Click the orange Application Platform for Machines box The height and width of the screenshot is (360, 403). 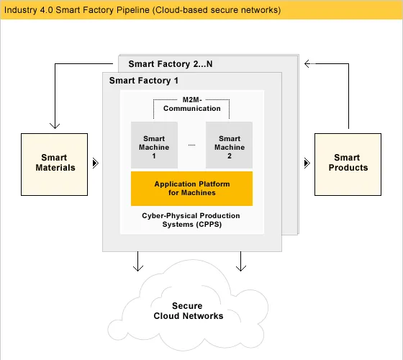click(x=191, y=189)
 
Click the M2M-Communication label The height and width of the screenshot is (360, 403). click(x=191, y=104)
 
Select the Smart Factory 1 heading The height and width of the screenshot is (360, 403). click(x=144, y=81)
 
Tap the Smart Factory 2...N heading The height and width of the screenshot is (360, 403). click(x=170, y=64)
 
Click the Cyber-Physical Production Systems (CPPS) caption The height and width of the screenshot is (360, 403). click(x=191, y=220)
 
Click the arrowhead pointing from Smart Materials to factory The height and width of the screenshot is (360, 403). click(x=94, y=164)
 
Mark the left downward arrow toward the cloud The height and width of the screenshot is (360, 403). click(x=137, y=268)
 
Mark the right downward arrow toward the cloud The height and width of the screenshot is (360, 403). click(x=241, y=268)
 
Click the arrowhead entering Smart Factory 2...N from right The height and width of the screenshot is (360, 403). click(x=307, y=63)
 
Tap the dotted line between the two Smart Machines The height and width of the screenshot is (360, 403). click(x=192, y=145)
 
